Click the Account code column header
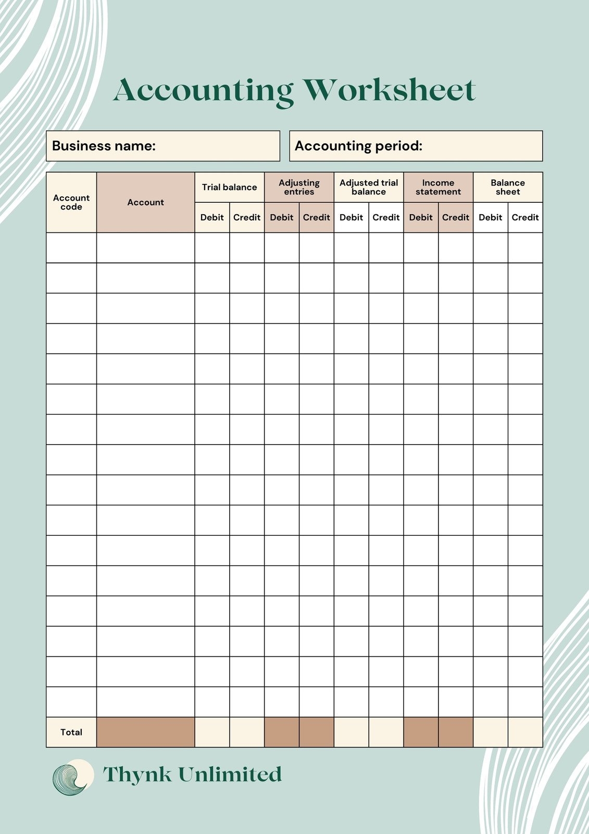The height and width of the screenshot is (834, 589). pos(71,202)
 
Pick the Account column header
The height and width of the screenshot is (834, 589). pos(146,202)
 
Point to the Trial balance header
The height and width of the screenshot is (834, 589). pos(230,187)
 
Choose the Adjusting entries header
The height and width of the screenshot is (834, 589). pos(299,187)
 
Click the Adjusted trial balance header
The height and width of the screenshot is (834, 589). pos(369,187)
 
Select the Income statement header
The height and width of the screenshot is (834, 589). pos(438,187)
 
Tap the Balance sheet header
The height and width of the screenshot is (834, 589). pos(508,187)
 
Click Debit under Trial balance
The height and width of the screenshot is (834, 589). pos(212,217)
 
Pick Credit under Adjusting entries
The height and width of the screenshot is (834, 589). pos(317,217)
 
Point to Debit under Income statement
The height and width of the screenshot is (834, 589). pos(421,217)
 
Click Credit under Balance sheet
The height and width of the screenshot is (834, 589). pos(525,217)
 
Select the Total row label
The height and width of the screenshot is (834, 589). pos(71,732)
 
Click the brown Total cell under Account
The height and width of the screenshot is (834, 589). pos(146,732)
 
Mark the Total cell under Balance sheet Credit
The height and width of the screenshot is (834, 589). pos(525,732)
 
